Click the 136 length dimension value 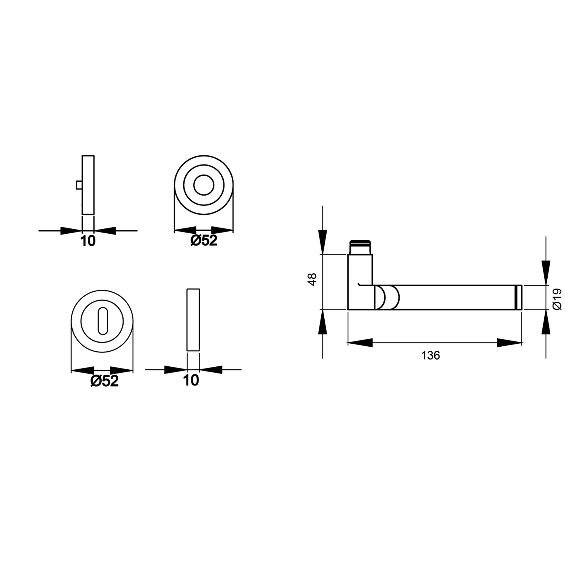pyautogui.click(x=431, y=355)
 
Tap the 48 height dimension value pyautogui.click(x=313, y=279)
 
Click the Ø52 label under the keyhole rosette pyautogui.click(x=104, y=381)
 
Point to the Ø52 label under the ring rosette pyautogui.click(x=204, y=241)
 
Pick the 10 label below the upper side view pyautogui.click(x=88, y=241)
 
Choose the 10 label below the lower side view pyautogui.click(x=191, y=380)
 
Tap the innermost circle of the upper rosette pyautogui.click(x=204, y=185)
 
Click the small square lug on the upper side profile pyautogui.click(x=79, y=185)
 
